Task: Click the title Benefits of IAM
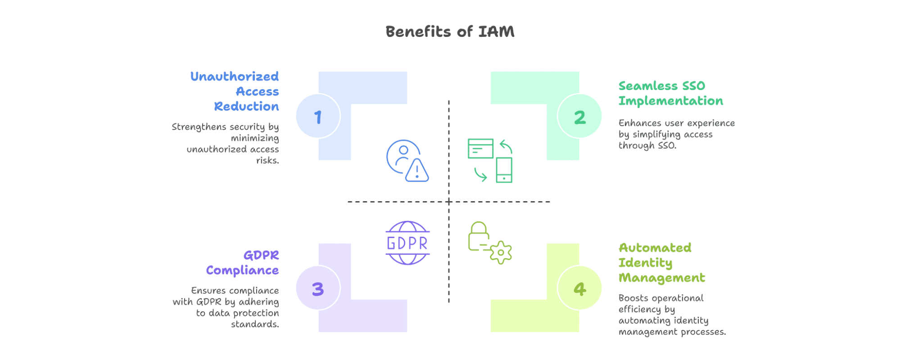point(450,31)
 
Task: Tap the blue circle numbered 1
point(318,116)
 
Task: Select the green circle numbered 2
point(579,116)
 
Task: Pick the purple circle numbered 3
point(318,288)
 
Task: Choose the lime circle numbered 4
point(579,288)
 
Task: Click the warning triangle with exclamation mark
point(417,171)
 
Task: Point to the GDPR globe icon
point(408,243)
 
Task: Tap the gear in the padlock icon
point(501,252)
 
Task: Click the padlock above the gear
point(479,236)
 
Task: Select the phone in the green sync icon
point(504,170)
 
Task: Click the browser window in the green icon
point(480,148)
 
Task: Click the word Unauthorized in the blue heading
point(235,76)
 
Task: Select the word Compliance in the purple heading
point(242,270)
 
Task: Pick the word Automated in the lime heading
point(655,248)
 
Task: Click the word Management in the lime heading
point(662,278)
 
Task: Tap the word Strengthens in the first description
point(199,127)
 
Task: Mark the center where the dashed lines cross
point(449,202)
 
